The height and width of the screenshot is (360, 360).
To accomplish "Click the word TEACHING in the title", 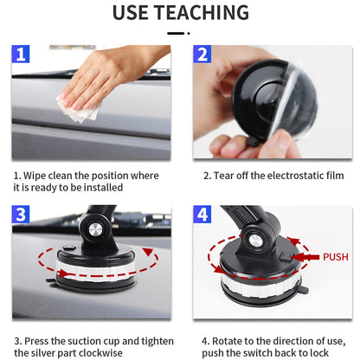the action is click(202, 13).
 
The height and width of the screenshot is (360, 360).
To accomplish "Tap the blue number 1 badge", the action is click(21, 54).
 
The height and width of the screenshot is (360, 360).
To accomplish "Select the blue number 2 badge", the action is click(202, 54).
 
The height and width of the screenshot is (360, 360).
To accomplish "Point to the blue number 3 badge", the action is click(21, 215).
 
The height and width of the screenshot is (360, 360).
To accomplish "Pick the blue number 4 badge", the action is click(202, 215).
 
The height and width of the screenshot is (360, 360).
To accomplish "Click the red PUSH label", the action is click(336, 257).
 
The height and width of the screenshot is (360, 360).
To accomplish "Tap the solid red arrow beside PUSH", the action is click(305, 257).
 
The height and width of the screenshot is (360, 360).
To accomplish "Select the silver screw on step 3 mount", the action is click(95, 230).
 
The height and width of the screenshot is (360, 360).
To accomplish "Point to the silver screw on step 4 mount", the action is click(255, 241).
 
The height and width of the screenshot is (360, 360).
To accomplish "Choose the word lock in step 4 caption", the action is click(319, 353).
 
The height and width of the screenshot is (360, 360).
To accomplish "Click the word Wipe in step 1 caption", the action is click(35, 176).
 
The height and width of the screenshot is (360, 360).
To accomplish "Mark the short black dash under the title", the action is click(176, 34).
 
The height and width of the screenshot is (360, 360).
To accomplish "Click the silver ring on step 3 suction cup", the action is click(95, 271).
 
